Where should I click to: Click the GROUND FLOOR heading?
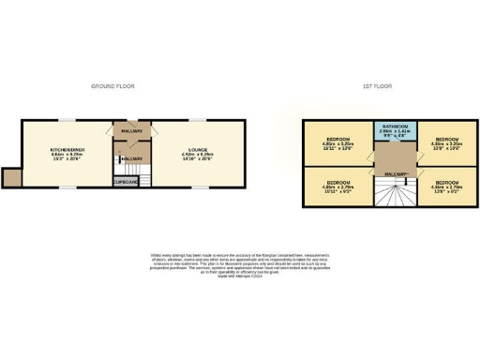coord(112,86)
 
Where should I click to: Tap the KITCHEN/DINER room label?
coord(67,150)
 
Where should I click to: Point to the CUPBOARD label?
coord(126,181)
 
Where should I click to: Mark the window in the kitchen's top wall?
coord(68,119)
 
